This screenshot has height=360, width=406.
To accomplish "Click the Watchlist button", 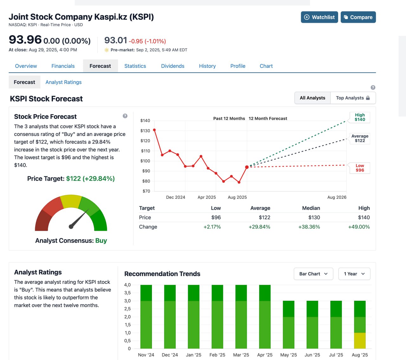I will click(x=319, y=17).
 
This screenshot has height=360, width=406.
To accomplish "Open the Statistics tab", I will click(x=135, y=66).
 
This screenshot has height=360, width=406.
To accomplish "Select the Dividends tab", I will click(x=173, y=66).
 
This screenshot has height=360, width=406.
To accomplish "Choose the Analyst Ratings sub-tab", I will click(x=63, y=82).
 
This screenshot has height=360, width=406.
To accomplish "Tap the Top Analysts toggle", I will click(x=353, y=98).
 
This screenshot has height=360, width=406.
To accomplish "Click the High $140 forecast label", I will click(x=360, y=117).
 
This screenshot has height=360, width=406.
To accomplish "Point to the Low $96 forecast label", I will click(x=360, y=168).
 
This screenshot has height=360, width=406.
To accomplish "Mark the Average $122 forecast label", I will click(x=360, y=138).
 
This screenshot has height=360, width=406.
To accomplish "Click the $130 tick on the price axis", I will click(x=145, y=131).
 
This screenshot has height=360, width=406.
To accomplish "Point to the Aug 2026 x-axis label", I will click(x=337, y=197).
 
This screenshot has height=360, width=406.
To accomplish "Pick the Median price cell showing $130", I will click(x=314, y=217).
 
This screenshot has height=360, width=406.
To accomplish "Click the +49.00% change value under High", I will click(x=359, y=227).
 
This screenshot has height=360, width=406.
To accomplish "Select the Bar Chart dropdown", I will click(x=313, y=274).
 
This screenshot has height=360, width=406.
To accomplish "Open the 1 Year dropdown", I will click(x=354, y=274).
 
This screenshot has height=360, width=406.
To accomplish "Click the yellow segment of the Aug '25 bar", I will click(x=360, y=341).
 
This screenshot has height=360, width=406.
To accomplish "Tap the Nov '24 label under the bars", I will click(x=146, y=355).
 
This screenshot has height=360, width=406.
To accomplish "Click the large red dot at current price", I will click(x=247, y=167).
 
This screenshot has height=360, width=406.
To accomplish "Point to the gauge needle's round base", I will click(x=71, y=227).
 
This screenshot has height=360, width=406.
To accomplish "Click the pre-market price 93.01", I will click(x=115, y=41).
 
